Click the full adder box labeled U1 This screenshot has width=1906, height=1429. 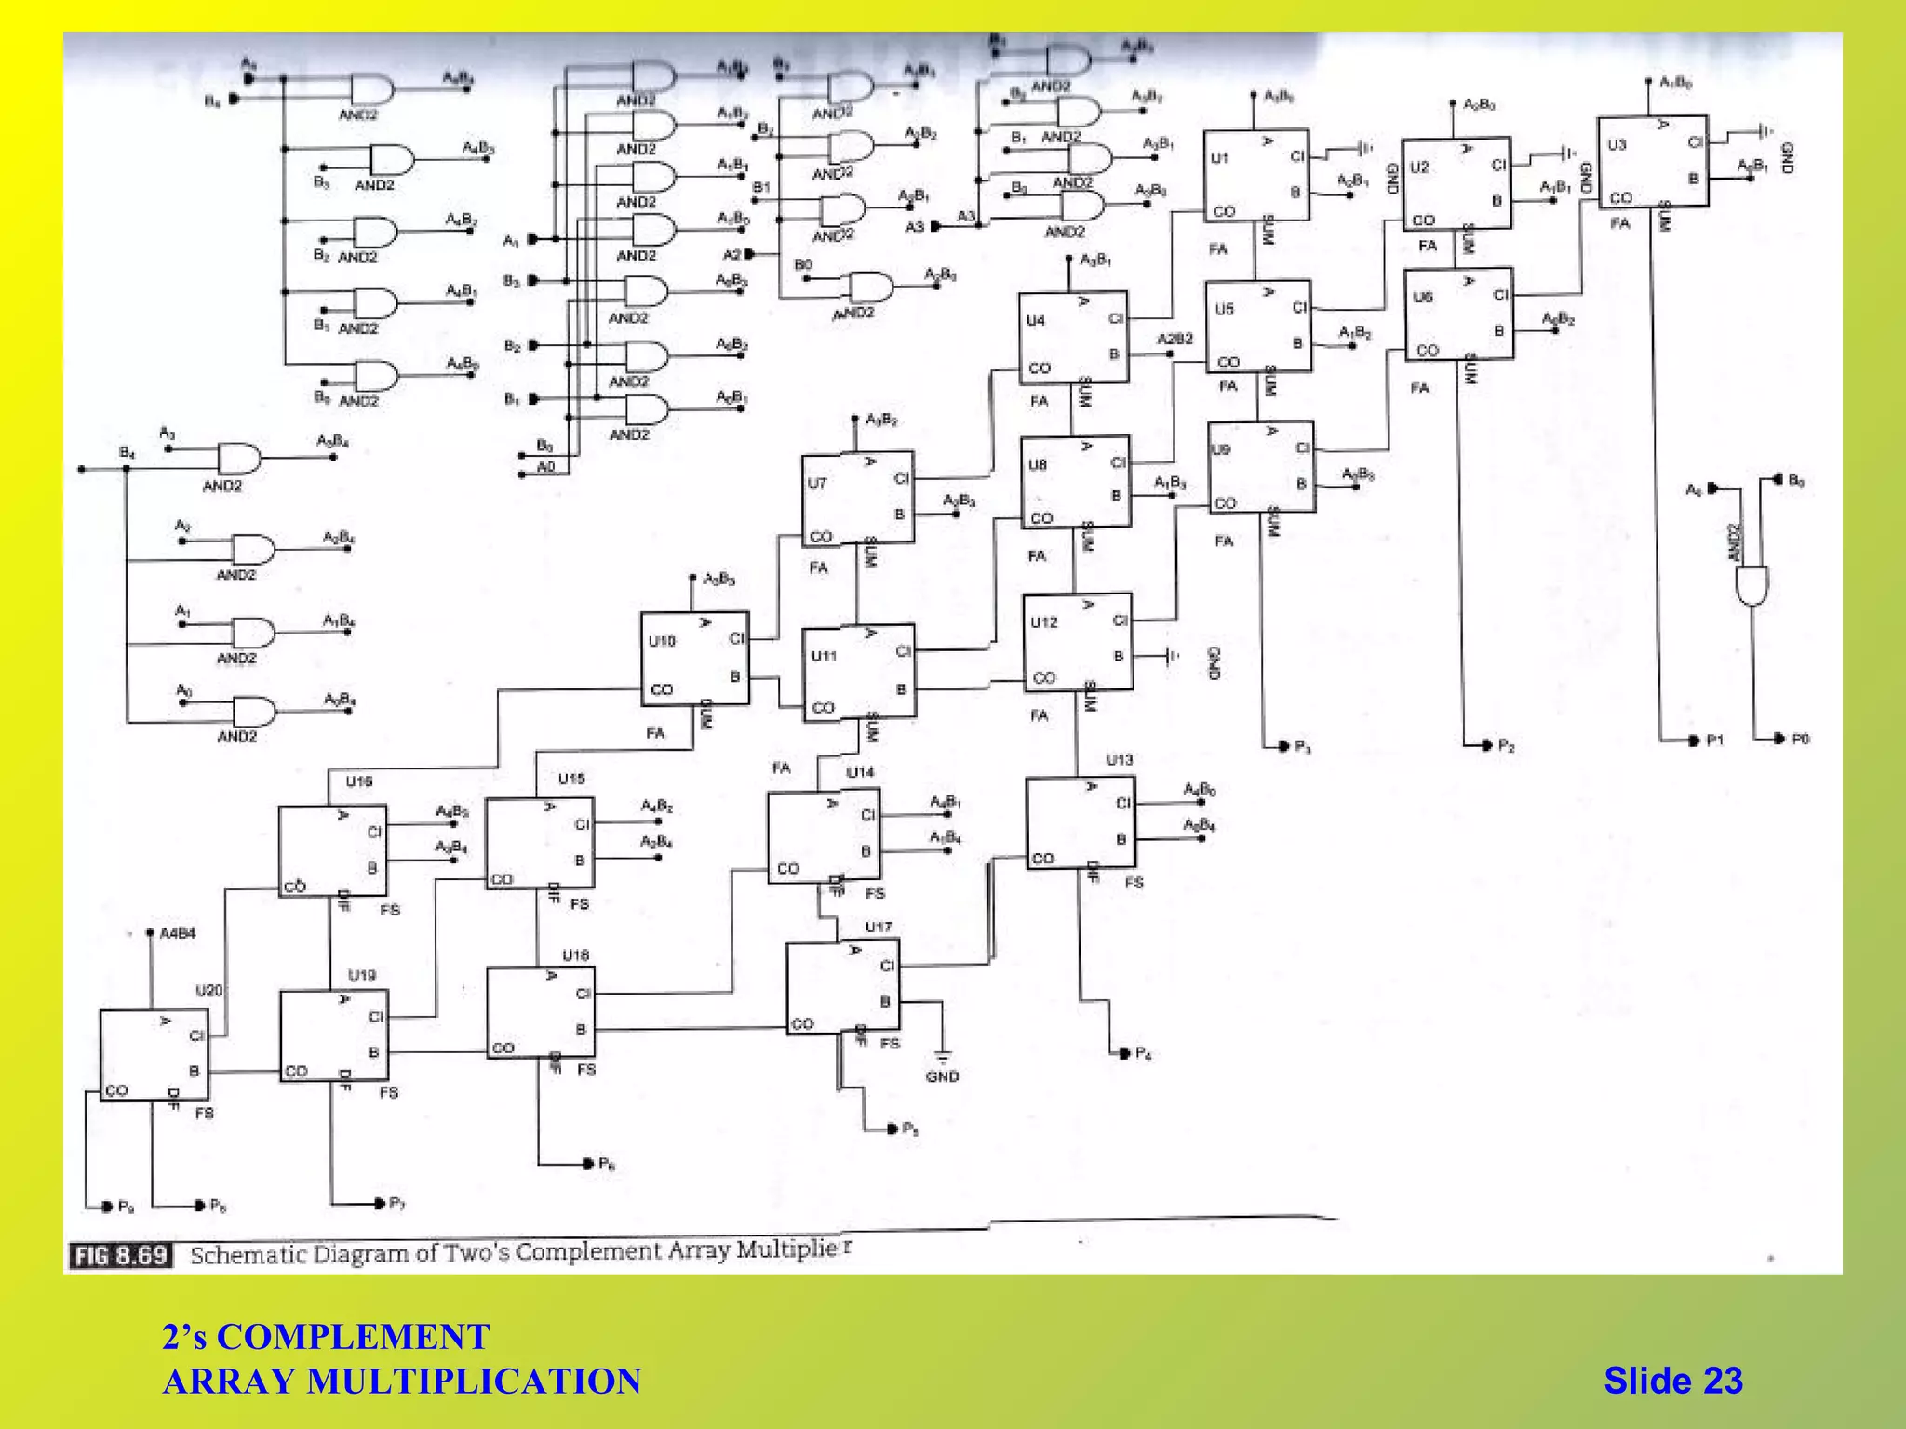1255,175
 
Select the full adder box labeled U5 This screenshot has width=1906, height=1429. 1257,326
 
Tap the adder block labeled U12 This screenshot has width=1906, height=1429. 1077,642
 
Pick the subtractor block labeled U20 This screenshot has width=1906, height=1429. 154,1055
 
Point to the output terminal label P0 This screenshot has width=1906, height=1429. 1800,739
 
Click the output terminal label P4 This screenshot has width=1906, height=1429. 1144,1054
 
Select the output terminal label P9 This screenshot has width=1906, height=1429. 127,1207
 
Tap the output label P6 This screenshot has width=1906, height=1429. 607,1164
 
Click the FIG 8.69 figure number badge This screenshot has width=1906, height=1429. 121,1256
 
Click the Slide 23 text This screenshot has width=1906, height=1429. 1672,1381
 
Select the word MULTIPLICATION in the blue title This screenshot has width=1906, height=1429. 474,1382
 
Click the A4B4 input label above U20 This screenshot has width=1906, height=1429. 177,933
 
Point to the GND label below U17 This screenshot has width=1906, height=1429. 942,1076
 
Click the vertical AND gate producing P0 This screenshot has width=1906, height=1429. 1752,584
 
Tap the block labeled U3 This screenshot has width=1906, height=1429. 1652,162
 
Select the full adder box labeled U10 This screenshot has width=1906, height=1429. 694,658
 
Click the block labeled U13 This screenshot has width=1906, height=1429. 1081,823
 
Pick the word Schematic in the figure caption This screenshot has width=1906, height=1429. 248,1255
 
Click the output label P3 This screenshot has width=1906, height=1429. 1303,747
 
